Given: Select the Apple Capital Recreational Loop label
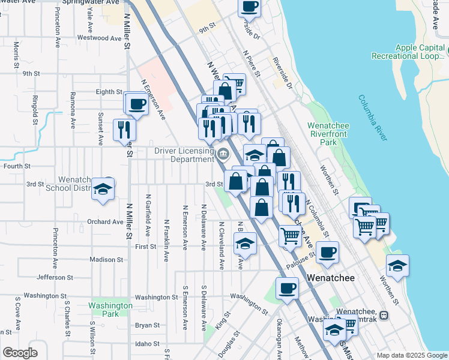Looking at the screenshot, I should pos(418,52).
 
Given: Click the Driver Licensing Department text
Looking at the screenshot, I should pos(184,155).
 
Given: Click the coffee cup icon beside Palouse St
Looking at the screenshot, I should pos(327,253).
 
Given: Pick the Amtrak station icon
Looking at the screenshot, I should pos(384,316).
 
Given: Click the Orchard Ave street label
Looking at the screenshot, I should pos(104,221).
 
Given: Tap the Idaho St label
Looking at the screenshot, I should pos(147,344).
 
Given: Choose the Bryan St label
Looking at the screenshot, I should pos(147,325).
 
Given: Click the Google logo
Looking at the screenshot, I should pos(20,353).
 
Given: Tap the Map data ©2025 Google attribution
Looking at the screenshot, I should pos(411,355).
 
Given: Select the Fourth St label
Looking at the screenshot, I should pos(17,166).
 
